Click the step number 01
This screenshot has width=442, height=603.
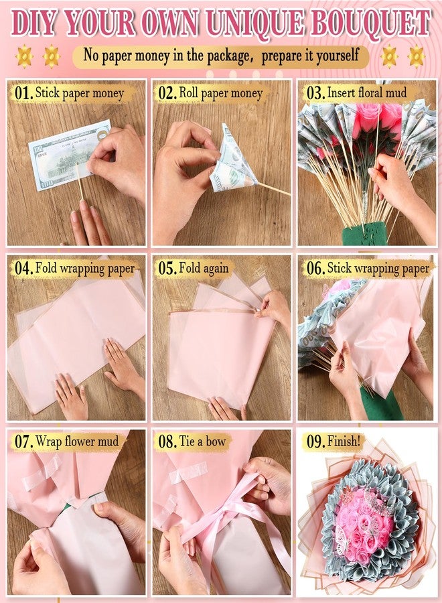point(23,93)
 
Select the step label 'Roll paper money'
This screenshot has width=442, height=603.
point(221,93)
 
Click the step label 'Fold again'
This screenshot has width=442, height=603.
point(204,267)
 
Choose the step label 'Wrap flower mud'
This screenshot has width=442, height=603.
point(77,442)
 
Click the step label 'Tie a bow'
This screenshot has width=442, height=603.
point(202,441)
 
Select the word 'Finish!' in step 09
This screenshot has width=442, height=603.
point(344,441)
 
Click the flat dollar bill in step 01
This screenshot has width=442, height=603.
point(69,155)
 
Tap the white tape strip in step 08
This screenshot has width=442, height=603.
point(188,472)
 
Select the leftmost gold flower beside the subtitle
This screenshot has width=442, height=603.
point(24,56)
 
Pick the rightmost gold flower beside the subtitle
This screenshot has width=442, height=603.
point(417,56)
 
